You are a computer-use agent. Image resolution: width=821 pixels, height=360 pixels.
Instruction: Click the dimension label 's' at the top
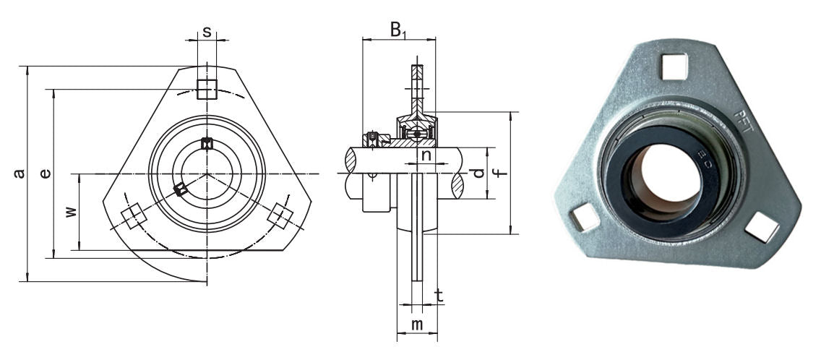tap(207, 32)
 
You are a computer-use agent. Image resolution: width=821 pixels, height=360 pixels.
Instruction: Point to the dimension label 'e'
tap(46, 173)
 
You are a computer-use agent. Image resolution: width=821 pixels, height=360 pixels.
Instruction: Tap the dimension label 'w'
tap(70, 212)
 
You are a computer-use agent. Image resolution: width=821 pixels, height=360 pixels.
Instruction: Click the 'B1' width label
tap(399, 30)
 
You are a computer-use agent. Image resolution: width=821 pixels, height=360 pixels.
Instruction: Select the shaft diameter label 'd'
tap(476, 173)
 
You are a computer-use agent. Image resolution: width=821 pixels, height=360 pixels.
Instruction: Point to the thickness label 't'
tap(438, 294)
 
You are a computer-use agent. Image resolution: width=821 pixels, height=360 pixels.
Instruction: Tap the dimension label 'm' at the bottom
tap(417, 325)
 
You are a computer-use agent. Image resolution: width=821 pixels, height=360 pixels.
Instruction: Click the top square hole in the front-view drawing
tap(207, 89)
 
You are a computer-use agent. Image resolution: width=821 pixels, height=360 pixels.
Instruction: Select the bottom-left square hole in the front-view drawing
tap(132, 216)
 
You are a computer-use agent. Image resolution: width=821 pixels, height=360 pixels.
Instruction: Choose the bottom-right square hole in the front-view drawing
tap(280, 216)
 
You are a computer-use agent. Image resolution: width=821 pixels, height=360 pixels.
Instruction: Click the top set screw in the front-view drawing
tap(207, 143)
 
